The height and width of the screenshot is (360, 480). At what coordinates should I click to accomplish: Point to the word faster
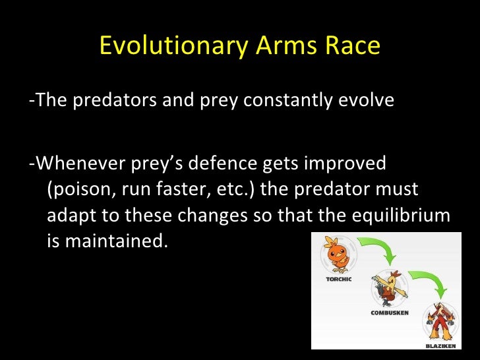[x=179, y=189]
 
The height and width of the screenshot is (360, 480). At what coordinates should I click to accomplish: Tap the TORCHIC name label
[x=339, y=279]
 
